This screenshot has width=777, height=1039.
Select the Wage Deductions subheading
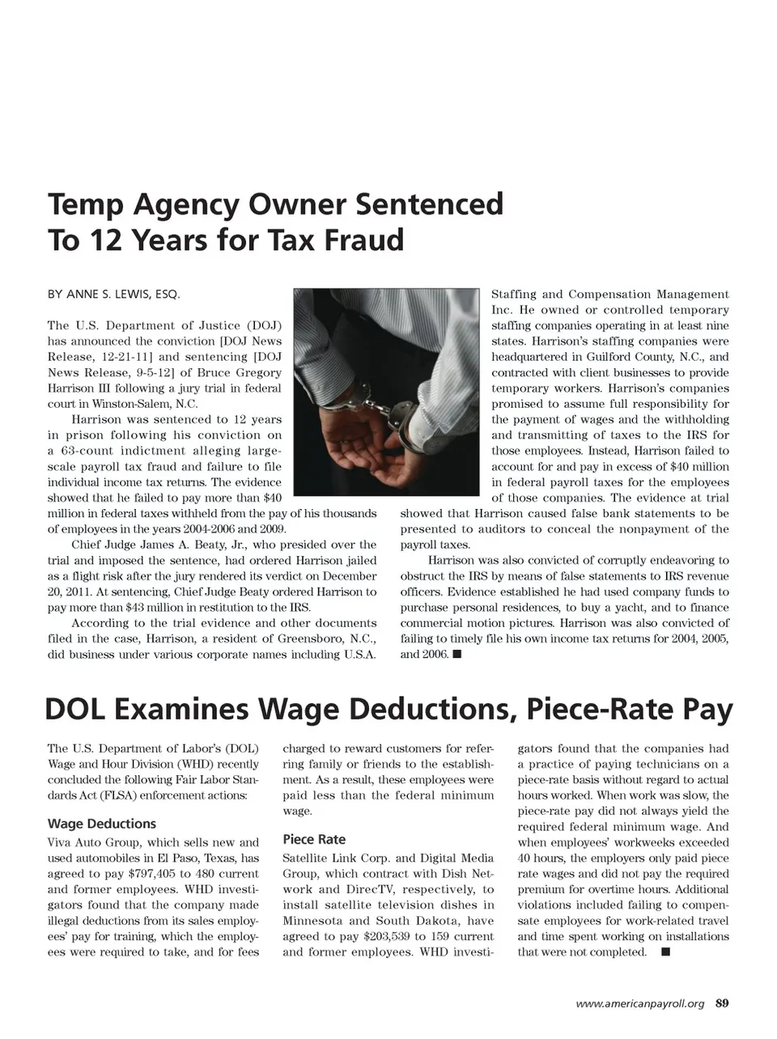tap(102, 824)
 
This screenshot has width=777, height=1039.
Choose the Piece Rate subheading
tap(314, 839)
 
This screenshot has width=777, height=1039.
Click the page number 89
tap(722, 1004)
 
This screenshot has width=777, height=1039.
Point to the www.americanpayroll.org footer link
tap(639, 1004)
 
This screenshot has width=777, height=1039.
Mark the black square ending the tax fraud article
tap(457, 654)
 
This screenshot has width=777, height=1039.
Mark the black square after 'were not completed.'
tap(665, 952)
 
